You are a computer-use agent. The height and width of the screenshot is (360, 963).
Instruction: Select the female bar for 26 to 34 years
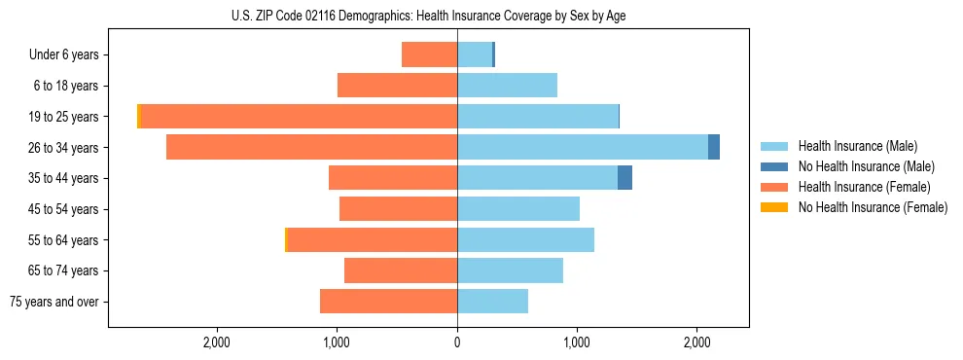coord(311,147)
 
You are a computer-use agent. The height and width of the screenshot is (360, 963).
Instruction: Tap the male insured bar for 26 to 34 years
coord(582,147)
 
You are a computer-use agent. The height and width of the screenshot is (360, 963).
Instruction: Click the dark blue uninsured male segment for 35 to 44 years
coord(624,178)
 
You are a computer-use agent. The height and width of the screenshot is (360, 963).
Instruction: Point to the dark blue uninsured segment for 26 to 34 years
coord(714,147)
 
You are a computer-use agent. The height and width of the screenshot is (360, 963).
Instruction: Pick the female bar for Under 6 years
coord(429,54)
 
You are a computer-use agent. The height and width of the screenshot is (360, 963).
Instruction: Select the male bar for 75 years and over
coord(492,302)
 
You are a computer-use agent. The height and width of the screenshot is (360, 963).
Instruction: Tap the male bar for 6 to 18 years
coord(507,86)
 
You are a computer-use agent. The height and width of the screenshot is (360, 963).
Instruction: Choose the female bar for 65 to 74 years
coord(401,270)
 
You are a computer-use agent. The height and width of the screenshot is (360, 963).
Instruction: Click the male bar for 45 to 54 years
coord(518,208)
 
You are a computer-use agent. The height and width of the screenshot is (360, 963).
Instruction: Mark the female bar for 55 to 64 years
coord(373,239)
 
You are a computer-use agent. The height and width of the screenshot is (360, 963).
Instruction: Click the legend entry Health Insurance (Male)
coord(856,146)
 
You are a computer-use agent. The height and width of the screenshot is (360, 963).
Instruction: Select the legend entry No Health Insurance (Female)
coord(873,207)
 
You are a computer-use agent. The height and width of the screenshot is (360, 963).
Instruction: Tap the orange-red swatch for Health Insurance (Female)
coord(775,187)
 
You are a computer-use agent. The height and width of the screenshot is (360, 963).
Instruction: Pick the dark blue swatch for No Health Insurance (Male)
coord(775,166)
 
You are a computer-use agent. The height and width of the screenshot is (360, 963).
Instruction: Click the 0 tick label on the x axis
coord(457,342)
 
